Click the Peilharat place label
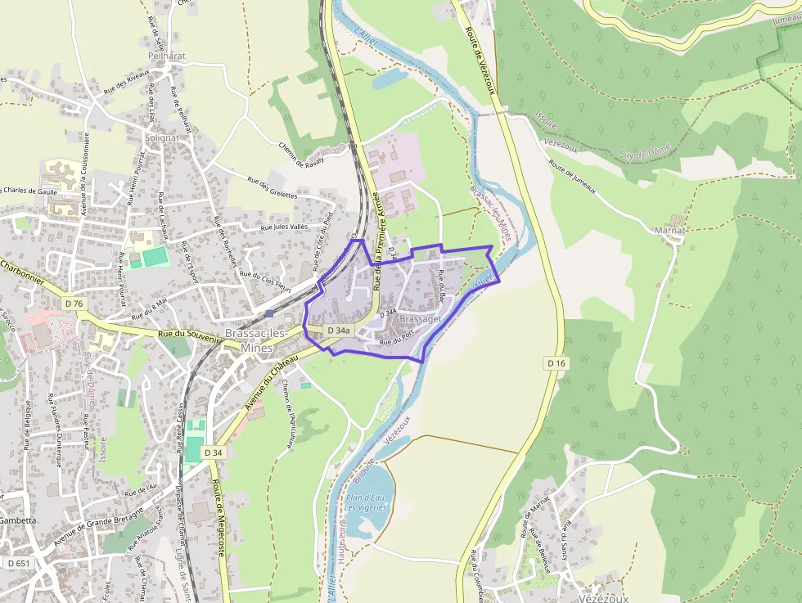tap(168, 57)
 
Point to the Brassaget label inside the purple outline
tap(422, 319)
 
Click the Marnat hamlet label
tap(670, 231)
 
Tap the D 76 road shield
tap(74, 304)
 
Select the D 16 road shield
tap(556, 362)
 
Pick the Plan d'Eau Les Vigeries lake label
tap(365, 502)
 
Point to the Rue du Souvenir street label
tap(189, 334)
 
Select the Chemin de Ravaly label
tap(302, 154)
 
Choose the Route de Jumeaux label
tap(572, 178)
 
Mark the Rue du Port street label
tap(396, 336)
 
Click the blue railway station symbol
tap(269, 313)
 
